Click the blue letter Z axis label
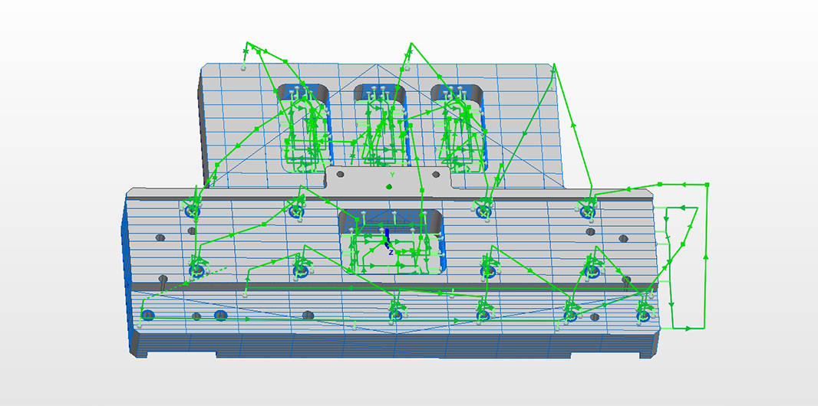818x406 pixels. point(391,252)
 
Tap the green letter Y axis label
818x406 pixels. point(392,175)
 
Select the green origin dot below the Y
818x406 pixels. point(388,187)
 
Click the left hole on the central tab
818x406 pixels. point(340,174)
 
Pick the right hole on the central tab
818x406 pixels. point(436,174)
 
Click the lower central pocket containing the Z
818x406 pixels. point(391,241)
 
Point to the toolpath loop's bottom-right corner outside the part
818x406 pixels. point(704,329)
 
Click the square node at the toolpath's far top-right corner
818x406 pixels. point(707,185)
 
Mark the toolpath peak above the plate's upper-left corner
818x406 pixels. point(248,43)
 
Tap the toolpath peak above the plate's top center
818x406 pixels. point(411,43)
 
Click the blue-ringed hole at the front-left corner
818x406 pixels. point(147,315)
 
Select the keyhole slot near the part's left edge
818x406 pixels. point(163,281)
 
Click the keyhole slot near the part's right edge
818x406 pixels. point(626,281)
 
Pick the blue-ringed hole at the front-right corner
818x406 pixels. point(644,316)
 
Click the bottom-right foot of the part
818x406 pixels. point(649,352)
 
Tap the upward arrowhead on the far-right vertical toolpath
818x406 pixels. point(706,256)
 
